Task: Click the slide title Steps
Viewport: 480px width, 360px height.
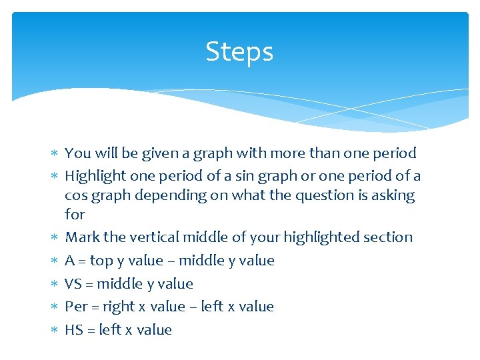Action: pyautogui.click(x=239, y=51)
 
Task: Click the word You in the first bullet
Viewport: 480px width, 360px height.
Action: pyautogui.click(x=77, y=153)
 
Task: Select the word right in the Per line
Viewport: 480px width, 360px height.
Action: pyautogui.click(x=117, y=307)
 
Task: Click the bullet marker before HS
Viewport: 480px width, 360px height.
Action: pyautogui.click(x=56, y=330)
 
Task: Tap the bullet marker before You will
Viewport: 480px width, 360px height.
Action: pyautogui.click(x=56, y=154)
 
